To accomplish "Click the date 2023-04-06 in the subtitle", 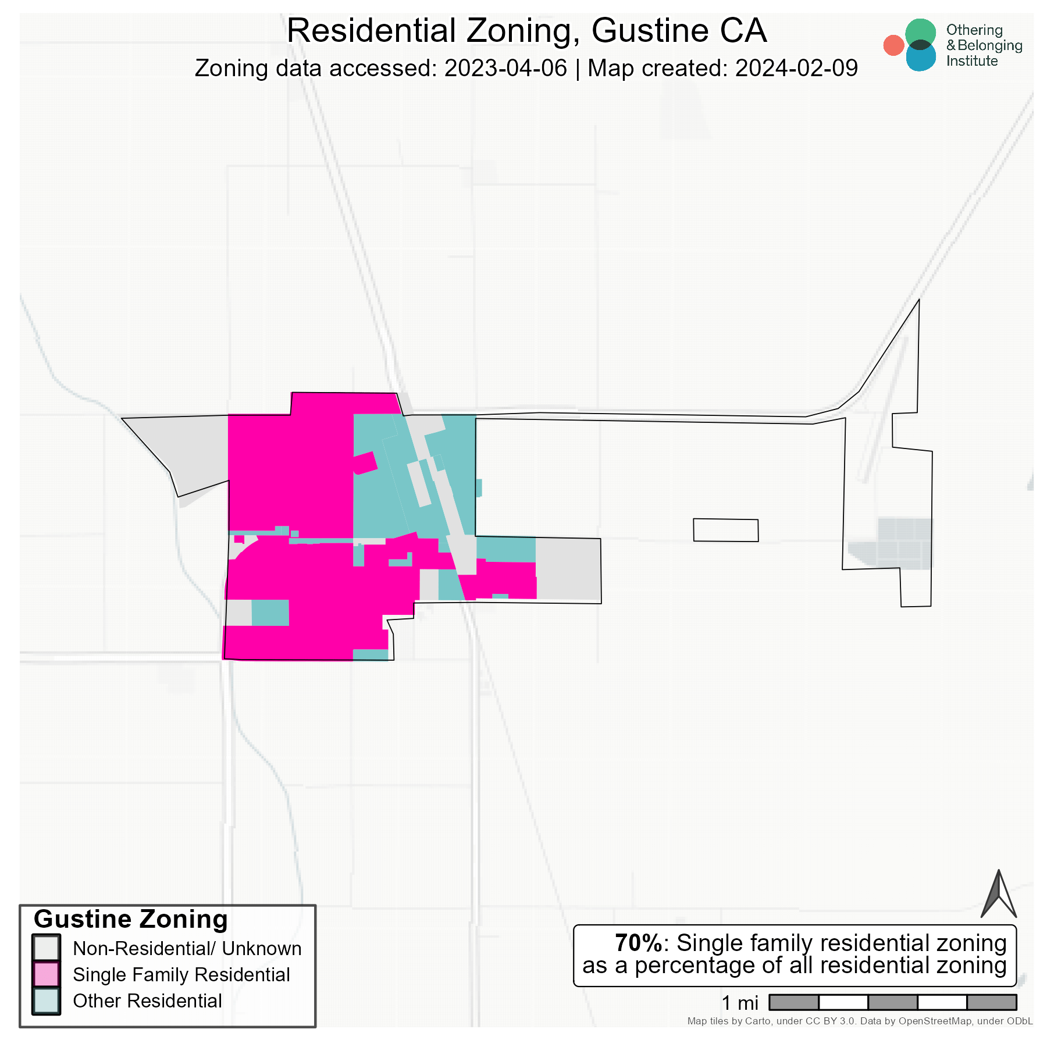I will coord(505,68).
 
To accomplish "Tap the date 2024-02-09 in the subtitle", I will coord(796,68).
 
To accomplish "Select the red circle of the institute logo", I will coord(893,45).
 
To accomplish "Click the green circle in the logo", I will coord(920,33).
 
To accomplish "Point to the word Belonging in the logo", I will coord(989,45).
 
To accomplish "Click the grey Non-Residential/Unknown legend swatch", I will coord(46,948).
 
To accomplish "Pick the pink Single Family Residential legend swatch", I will coord(46,974).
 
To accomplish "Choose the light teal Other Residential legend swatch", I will coord(46,1000).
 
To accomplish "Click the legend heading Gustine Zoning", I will coord(131,920).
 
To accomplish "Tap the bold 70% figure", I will coord(638,943).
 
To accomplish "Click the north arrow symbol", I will coord(998,896).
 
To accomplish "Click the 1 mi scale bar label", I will coord(740,1003).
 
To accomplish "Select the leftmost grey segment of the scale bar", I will coord(793,1002).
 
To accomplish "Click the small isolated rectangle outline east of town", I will coord(725,530).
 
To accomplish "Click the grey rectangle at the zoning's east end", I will coord(568,569).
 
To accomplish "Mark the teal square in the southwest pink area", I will coord(270,612).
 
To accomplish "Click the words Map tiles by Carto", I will coord(729,1021).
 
